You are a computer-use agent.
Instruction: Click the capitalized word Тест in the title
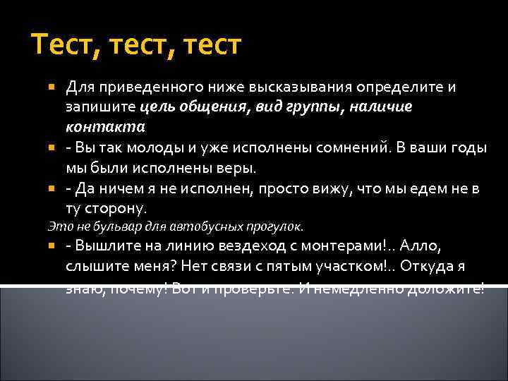pyautogui.click(x=59, y=45)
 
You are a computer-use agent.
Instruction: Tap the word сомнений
pyautogui.click(x=327, y=149)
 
